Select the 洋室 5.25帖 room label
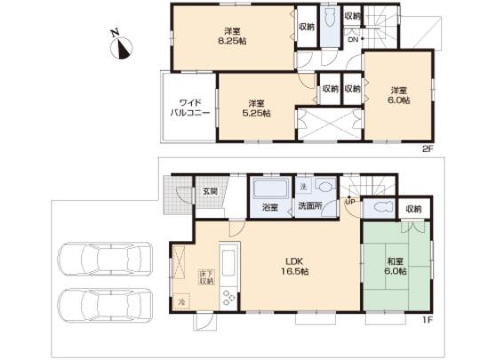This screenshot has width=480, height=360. (257, 107)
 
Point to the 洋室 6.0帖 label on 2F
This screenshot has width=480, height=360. (397, 95)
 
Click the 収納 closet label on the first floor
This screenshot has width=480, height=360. (413, 209)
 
